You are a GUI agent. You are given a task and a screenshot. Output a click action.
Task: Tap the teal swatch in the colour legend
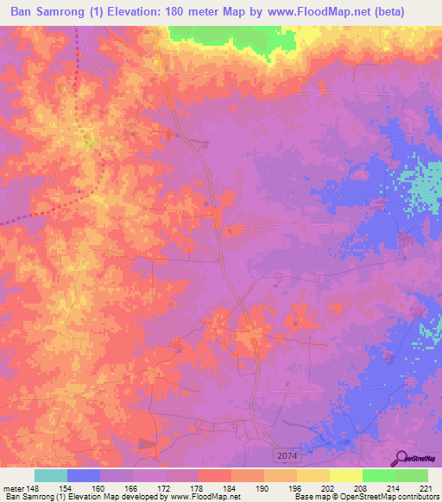(51, 475)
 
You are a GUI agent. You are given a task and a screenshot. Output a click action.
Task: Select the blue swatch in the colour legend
(84, 475)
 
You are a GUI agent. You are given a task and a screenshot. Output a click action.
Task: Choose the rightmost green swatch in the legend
(411, 475)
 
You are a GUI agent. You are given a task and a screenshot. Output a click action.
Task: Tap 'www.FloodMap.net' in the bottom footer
(192, 497)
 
